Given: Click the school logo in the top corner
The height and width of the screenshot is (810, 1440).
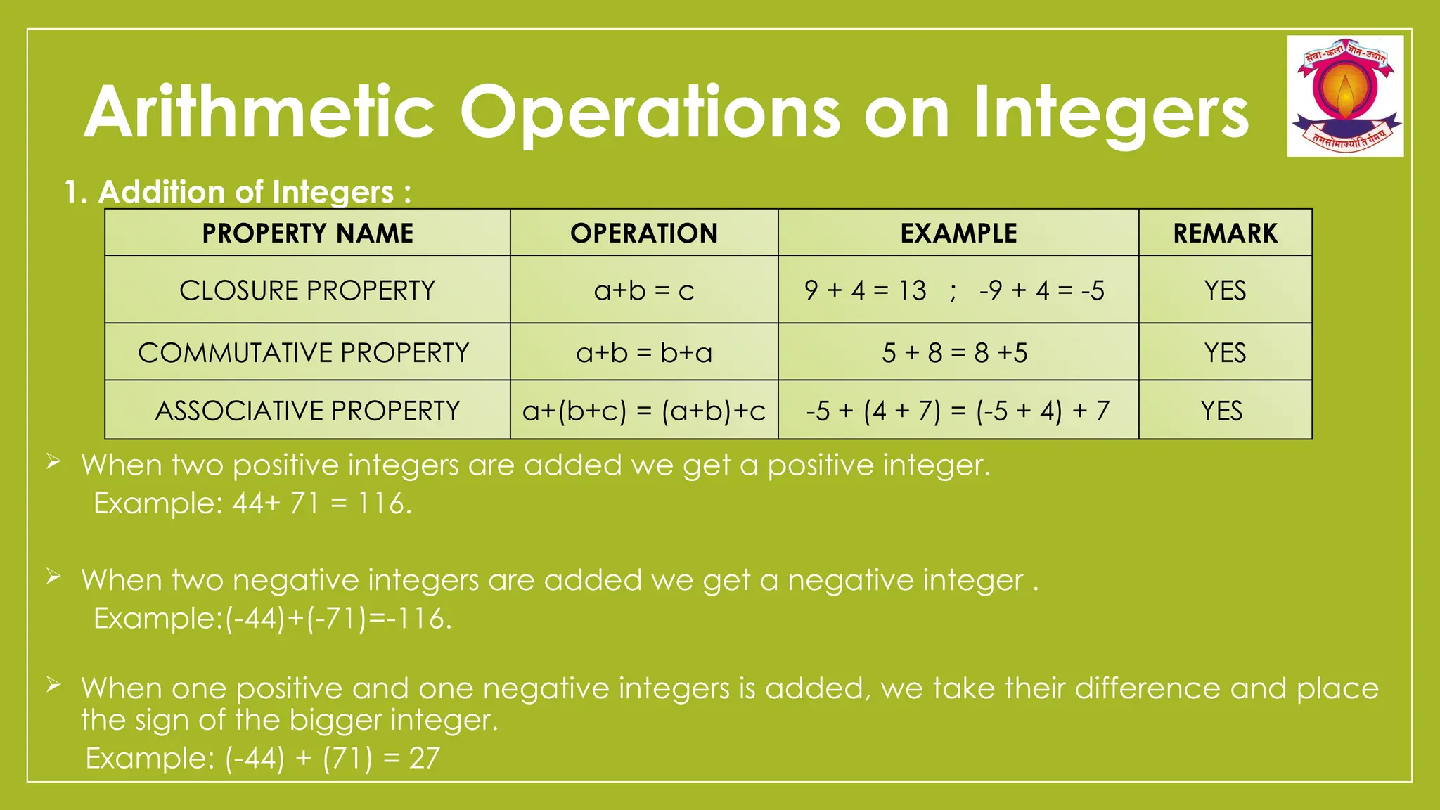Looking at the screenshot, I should [x=1345, y=96].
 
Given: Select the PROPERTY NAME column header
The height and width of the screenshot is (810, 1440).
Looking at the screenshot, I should [x=307, y=233].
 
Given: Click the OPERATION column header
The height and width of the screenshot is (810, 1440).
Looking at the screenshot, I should [x=644, y=233].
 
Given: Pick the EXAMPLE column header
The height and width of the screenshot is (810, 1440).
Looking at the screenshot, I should [x=958, y=233].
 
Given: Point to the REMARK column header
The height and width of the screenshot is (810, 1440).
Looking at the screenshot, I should [x=1225, y=233].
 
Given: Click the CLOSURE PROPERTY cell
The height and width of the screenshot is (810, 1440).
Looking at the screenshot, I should [x=307, y=290].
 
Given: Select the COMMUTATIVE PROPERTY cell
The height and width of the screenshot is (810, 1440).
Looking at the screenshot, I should [x=304, y=353].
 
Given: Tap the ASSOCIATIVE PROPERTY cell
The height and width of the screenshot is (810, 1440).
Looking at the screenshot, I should [x=307, y=411].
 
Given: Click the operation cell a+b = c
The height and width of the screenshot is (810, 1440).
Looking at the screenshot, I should [x=644, y=290].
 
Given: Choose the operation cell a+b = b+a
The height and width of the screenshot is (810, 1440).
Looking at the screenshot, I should [x=644, y=353].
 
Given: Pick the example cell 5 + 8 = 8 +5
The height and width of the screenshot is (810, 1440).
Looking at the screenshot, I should [x=955, y=353].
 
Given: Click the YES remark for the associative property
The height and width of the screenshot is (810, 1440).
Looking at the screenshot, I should [x=1221, y=411].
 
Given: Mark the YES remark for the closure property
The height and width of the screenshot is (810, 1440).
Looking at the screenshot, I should [x=1225, y=290].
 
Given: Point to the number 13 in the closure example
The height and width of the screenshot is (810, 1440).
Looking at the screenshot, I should [x=912, y=290].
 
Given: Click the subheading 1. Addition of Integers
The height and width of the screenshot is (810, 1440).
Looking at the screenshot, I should [x=237, y=192].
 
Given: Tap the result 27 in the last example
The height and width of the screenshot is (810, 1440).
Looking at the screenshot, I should [x=425, y=759].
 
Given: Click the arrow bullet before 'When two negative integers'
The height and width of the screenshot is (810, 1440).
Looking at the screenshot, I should [x=54, y=577].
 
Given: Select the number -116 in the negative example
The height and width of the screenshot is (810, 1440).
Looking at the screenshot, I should [x=420, y=619].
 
